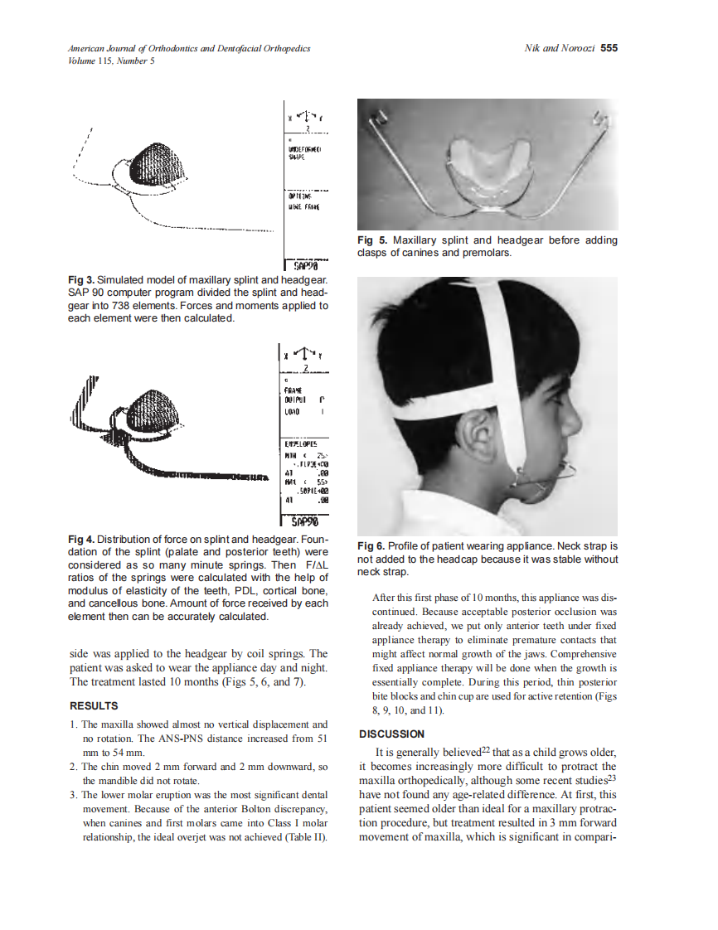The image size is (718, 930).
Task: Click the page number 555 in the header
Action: (x=609, y=48)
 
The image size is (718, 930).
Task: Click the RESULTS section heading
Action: (x=94, y=706)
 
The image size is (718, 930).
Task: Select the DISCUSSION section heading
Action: (x=391, y=734)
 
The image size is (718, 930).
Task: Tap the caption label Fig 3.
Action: (x=81, y=282)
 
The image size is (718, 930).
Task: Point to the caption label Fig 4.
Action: (x=81, y=540)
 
